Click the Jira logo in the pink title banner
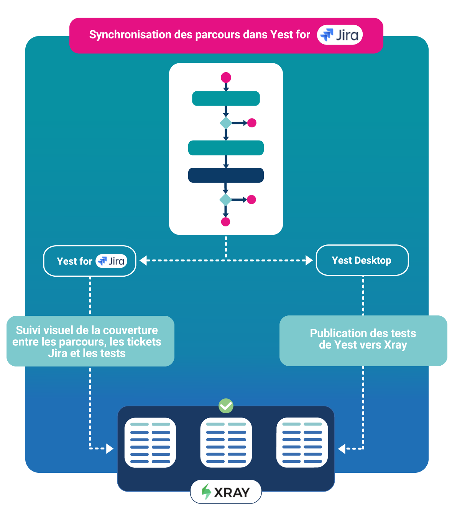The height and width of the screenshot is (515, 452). click(x=340, y=35)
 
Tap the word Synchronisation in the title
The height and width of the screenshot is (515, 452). click(x=130, y=35)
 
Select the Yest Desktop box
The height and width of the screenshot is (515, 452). click(x=362, y=260)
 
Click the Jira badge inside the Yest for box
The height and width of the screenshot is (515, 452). click(x=111, y=261)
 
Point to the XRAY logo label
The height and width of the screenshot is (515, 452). click(x=226, y=491)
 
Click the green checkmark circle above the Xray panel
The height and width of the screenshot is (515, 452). click(x=226, y=406)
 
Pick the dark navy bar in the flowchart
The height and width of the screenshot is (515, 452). click(x=226, y=175)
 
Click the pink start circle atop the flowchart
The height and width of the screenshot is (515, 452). click(x=226, y=78)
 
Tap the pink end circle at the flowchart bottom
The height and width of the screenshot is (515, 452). click(x=225, y=222)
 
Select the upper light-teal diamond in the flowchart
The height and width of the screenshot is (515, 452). click(x=226, y=123)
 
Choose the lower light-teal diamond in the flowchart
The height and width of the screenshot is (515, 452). click(x=225, y=200)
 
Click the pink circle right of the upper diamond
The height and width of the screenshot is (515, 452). click(x=251, y=123)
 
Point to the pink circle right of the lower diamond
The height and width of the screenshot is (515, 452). click(x=251, y=200)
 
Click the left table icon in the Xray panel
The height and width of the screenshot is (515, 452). click(x=150, y=442)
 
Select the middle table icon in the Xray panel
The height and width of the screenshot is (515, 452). click(x=226, y=442)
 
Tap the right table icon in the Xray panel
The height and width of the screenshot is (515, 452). click(x=302, y=442)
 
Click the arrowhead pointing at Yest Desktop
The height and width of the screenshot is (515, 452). click(x=309, y=260)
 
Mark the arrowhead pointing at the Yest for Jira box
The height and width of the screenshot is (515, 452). click(x=143, y=260)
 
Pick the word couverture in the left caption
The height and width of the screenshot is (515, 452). click(x=130, y=330)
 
